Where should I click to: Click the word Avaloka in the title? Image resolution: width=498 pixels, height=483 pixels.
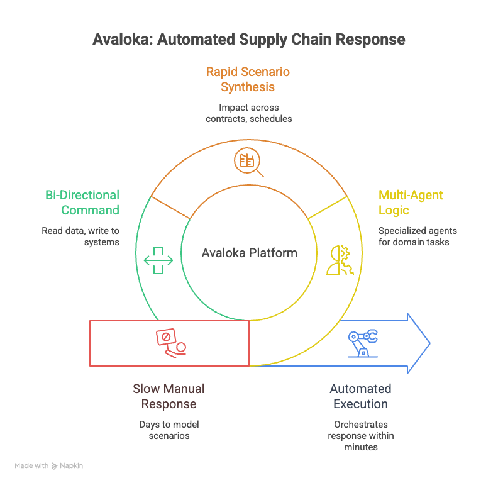pyautogui.click(x=121, y=40)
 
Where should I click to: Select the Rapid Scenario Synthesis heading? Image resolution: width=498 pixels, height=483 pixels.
pyautogui.click(x=248, y=79)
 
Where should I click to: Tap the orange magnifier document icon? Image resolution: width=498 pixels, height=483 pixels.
pyautogui.click(x=247, y=161)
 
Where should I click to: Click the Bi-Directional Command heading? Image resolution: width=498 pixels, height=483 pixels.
pyautogui.click(x=82, y=203)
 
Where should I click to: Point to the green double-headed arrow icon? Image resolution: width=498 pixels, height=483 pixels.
pyautogui.click(x=158, y=260)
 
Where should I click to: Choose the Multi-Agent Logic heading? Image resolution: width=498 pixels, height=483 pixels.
pyautogui.click(x=410, y=203)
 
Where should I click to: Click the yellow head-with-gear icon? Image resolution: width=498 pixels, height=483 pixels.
pyautogui.click(x=341, y=260)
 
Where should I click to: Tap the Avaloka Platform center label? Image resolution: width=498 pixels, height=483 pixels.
pyautogui.click(x=249, y=253)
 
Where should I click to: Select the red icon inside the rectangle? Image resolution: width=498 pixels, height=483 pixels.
pyautogui.click(x=171, y=343)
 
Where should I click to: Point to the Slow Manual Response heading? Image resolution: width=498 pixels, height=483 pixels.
pyautogui.click(x=169, y=396)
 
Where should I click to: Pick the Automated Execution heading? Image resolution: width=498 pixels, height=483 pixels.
pyautogui.click(x=360, y=396)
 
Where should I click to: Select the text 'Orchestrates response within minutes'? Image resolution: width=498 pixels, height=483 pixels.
pyautogui.click(x=360, y=435)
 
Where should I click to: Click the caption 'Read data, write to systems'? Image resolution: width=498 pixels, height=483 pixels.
pyautogui.click(x=80, y=236)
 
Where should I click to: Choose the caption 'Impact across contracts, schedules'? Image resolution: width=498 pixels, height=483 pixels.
pyautogui.click(x=248, y=113)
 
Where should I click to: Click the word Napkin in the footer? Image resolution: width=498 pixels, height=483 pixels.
pyautogui.click(x=72, y=466)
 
